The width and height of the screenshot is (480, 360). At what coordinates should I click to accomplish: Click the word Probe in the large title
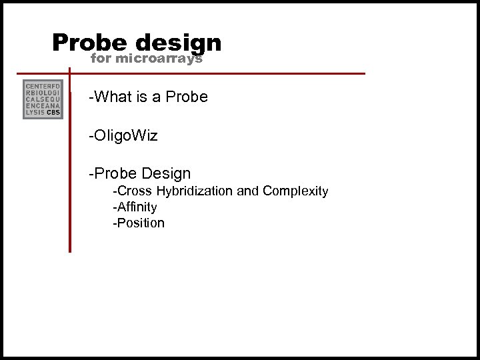point(89,43)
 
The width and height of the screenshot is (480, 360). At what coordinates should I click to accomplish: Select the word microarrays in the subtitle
point(159,59)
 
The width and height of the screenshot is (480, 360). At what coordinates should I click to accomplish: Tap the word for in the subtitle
point(101,59)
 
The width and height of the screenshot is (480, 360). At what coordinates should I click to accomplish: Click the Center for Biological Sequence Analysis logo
point(43,100)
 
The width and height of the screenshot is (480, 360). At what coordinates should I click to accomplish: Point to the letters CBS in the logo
point(53,113)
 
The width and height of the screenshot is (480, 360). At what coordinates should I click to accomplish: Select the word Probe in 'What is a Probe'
point(187,97)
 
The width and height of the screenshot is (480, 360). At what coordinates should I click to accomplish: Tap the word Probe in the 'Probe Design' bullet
point(117,174)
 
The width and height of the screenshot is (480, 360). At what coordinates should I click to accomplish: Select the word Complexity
point(295,191)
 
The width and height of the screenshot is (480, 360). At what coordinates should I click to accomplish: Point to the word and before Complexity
point(248,191)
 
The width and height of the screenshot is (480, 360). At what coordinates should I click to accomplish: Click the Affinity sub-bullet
point(135,207)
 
